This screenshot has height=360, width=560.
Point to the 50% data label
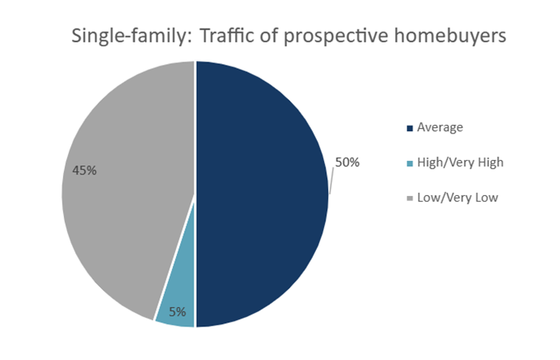point(347,162)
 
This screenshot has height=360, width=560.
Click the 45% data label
point(85,170)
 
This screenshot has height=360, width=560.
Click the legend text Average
point(441,126)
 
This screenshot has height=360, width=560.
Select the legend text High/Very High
point(460,162)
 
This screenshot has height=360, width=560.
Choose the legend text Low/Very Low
point(458,198)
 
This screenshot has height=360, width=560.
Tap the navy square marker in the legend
point(410,127)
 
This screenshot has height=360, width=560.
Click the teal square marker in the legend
point(410,163)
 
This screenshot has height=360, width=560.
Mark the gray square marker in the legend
point(410,198)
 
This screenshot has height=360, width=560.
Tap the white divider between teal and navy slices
point(195,304)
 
